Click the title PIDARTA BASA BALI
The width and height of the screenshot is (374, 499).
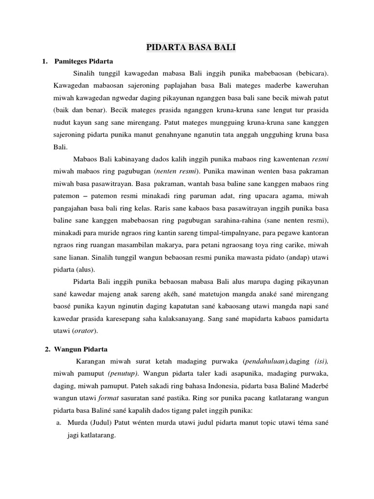(187, 48)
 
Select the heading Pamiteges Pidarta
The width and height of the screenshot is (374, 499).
(83, 62)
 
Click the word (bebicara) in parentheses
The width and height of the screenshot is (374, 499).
(312, 73)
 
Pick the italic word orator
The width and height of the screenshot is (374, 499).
(83, 331)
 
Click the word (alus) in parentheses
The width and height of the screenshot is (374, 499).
(86, 269)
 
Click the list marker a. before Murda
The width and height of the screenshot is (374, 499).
(58, 422)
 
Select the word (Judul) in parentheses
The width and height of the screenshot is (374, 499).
(100, 422)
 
